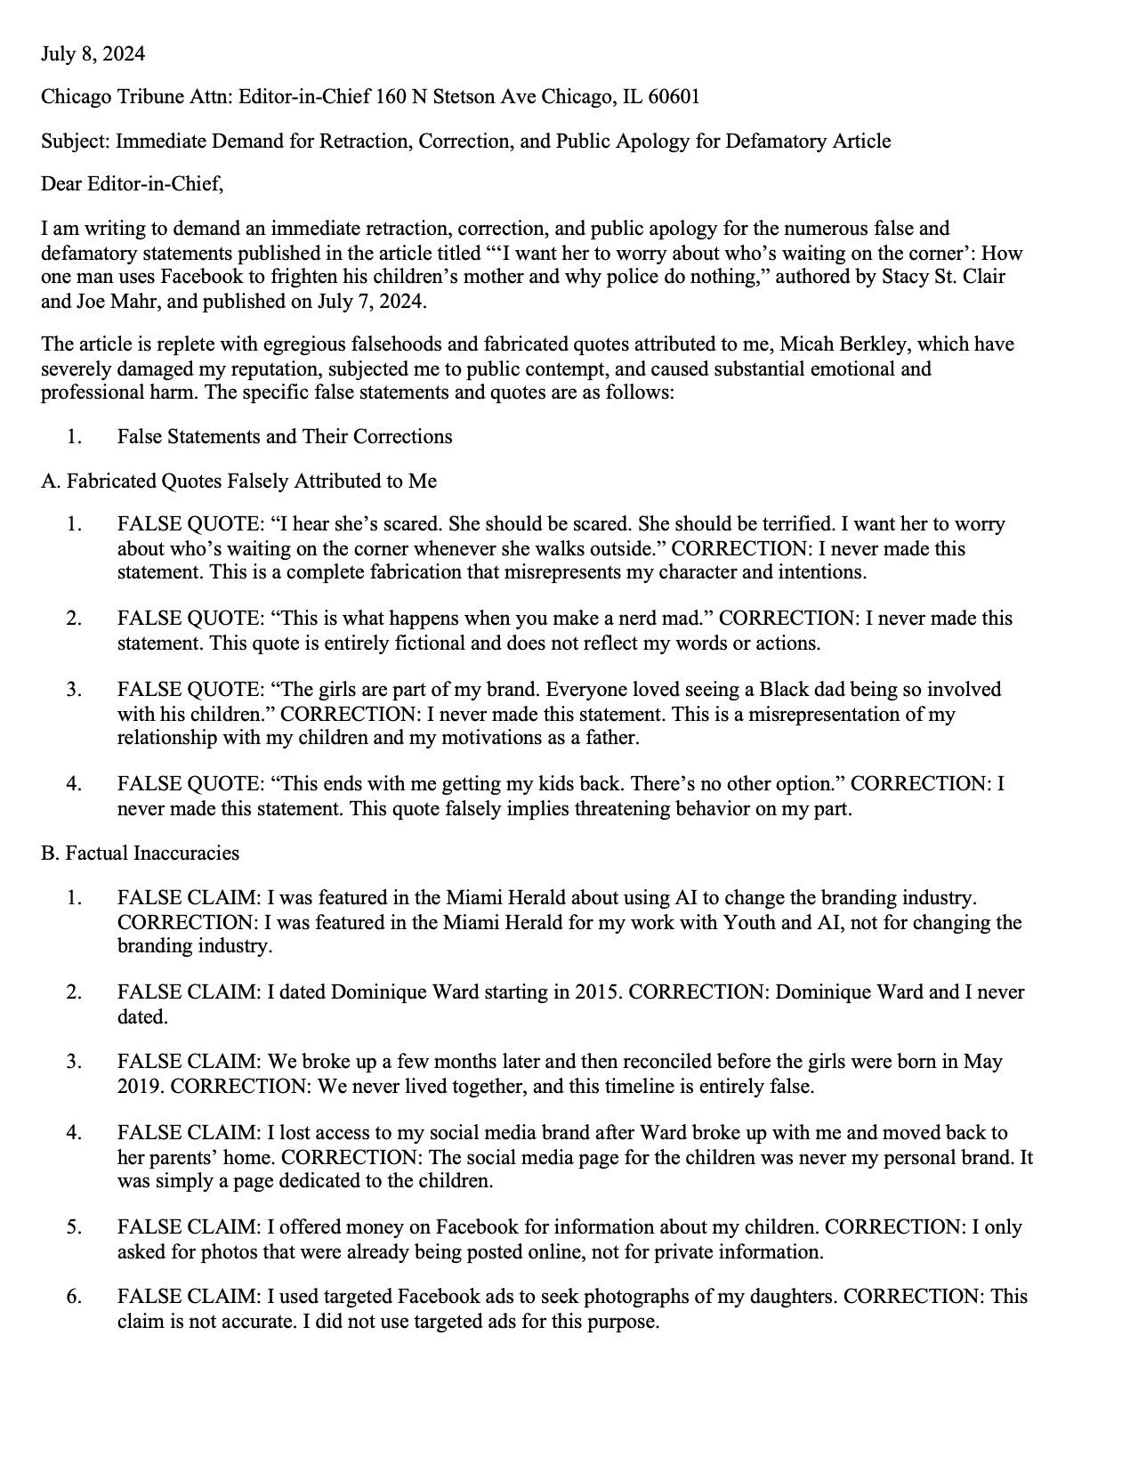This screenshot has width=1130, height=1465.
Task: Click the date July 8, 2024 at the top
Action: pyautogui.click(x=93, y=54)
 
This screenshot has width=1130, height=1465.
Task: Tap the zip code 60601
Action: pyautogui.click(x=674, y=96)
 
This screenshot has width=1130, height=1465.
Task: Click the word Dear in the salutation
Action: pyautogui.click(x=61, y=184)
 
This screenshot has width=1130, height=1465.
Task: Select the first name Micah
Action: pyautogui.click(x=804, y=344)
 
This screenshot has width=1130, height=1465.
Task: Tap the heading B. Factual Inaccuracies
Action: pyautogui.click(x=140, y=853)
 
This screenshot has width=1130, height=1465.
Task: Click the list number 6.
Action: pyautogui.click(x=74, y=1296)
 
